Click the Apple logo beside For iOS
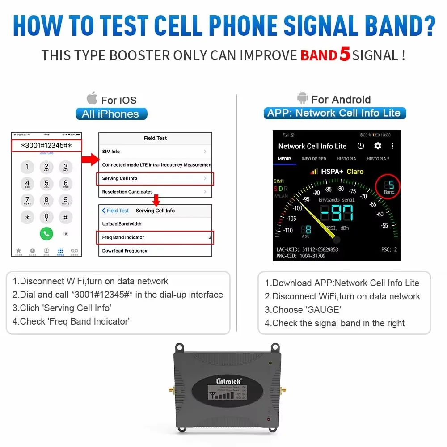[x=92, y=98]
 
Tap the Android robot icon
[x=303, y=98]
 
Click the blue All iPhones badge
[x=111, y=114]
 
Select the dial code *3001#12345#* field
[x=46, y=146]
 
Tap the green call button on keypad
[x=46, y=233]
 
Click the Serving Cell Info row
[x=155, y=178]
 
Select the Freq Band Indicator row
[x=155, y=237]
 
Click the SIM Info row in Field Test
[x=155, y=152]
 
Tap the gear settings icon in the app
[x=378, y=146]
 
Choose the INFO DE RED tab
[x=313, y=159]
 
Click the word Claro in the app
[x=355, y=171]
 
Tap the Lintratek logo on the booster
[x=228, y=381]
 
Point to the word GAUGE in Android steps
[x=323, y=310]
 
